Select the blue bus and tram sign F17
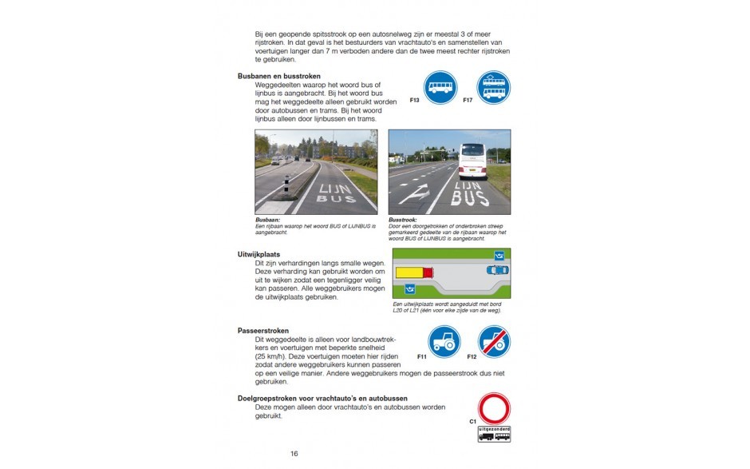tap(493, 87)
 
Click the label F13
tap(414, 101)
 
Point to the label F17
tap(468, 101)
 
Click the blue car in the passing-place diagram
tap(497, 270)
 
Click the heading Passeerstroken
tap(262, 331)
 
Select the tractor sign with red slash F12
tap(494, 342)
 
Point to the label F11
tap(422, 356)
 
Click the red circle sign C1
tap(494, 407)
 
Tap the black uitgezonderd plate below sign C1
tap(494, 434)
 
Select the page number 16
tap(294, 455)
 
